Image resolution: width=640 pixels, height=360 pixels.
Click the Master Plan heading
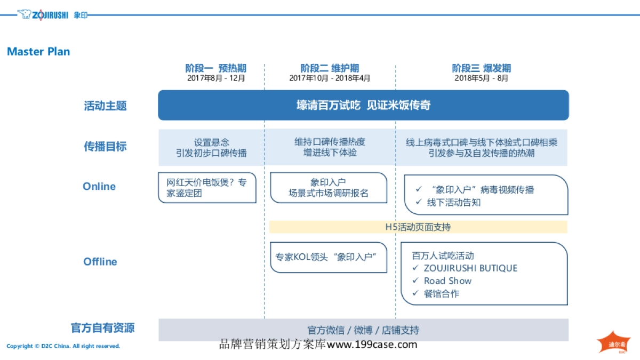pyautogui.click(x=38, y=52)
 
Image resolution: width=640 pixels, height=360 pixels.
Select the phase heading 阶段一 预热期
pyautogui.click(x=215, y=68)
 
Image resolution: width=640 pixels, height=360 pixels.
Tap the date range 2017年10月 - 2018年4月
pyautogui.click(x=330, y=78)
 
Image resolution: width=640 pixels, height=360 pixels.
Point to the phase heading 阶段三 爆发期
pyautogui.click(x=481, y=68)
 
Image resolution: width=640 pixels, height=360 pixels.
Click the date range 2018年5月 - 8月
pyautogui.click(x=481, y=78)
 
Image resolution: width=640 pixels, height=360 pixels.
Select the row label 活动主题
pyautogui.click(x=105, y=106)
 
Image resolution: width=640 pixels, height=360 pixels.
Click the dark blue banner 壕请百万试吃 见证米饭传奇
pyautogui.click(x=363, y=105)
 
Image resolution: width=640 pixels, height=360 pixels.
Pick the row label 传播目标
pyautogui.click(x=105, y=147)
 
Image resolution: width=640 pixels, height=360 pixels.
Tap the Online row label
pyautogui.click(x=99, y=186)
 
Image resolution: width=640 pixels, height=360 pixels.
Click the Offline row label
pyautogui.click(x=100, y=261)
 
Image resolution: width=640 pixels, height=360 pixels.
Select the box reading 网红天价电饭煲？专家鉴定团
pyautogui.click(x=207, y=188)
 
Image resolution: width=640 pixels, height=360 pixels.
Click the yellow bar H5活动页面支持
pyautogui.click(x=418, y=227)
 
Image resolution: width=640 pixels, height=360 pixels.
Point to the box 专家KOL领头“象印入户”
pyautogui.click(x=328, y=257)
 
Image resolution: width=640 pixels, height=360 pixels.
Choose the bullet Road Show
pyautogui.click(x=447, y=281)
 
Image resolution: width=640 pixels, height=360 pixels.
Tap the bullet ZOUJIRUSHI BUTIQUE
pyautogui.click(x=470, y=268)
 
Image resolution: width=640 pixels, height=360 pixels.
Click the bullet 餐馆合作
pyautogui.click(x=441, y=293)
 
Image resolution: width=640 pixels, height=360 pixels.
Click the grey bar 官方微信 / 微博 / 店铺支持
pyautogui.click(x=363, y=330)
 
